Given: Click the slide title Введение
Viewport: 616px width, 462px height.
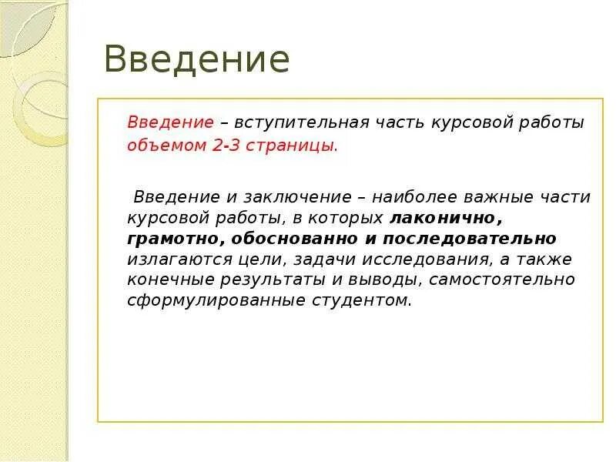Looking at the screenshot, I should pyautogui.click(x=197, y=60).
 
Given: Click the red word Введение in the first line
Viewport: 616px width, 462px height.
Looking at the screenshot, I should pyautogui.click(x=170, y=122).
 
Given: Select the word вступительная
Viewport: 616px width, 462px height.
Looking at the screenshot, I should pyautogui.click(x=305, y=122).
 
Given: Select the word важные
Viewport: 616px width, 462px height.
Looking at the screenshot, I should pyautogui.click(x=487, y=197).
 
